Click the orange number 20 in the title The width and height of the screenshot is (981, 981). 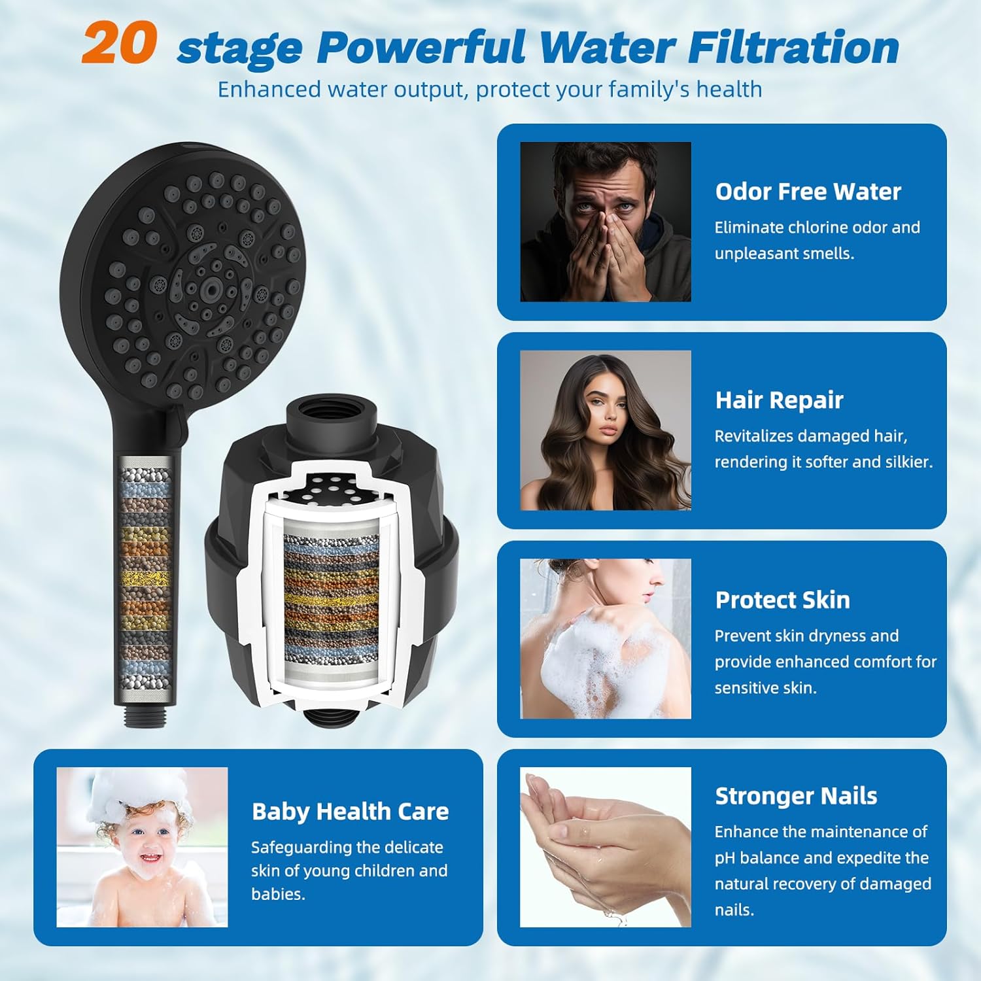click(x=120, y=43)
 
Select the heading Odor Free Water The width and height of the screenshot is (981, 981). click(x=808, y=192)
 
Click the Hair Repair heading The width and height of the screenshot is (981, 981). click(x=779, y=400)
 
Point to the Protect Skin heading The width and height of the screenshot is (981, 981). click(x=782, y=600)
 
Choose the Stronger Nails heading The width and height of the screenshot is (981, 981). click(x=796, y=796)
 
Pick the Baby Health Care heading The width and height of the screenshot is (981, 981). click(x=350, y=812)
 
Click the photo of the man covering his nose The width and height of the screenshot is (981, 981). click(x=605, y=222)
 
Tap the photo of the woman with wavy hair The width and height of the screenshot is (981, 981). click(x=605, y=430)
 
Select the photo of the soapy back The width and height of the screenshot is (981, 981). click(x=605, y=638)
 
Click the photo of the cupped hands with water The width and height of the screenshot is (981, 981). click(x=605, y=847)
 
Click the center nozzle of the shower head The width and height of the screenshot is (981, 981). click(x=211, y=286)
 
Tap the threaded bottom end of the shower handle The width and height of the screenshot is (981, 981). click(x=145, y=715)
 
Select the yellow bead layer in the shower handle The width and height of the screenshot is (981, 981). click(x=145, y=578)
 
